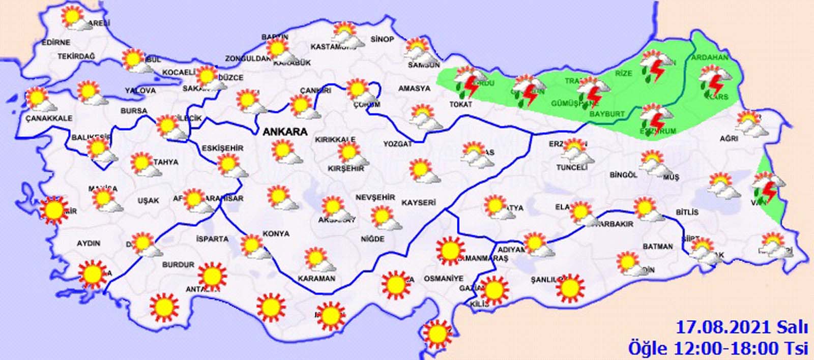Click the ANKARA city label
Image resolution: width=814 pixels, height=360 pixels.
point(285,131)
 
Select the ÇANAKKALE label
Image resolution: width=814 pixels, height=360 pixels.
point(49,118)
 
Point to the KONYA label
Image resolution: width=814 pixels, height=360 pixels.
point(276,234)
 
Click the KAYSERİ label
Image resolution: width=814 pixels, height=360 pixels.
point(419,202)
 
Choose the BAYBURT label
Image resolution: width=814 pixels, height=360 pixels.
point(607,114)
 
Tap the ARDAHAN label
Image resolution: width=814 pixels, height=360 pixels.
point(710,57)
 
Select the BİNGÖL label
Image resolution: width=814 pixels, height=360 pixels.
point(623,175)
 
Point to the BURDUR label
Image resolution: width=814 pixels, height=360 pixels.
point(178,264)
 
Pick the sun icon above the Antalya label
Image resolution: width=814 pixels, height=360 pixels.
point(212,275)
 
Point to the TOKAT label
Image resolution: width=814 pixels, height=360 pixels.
point(461,104)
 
